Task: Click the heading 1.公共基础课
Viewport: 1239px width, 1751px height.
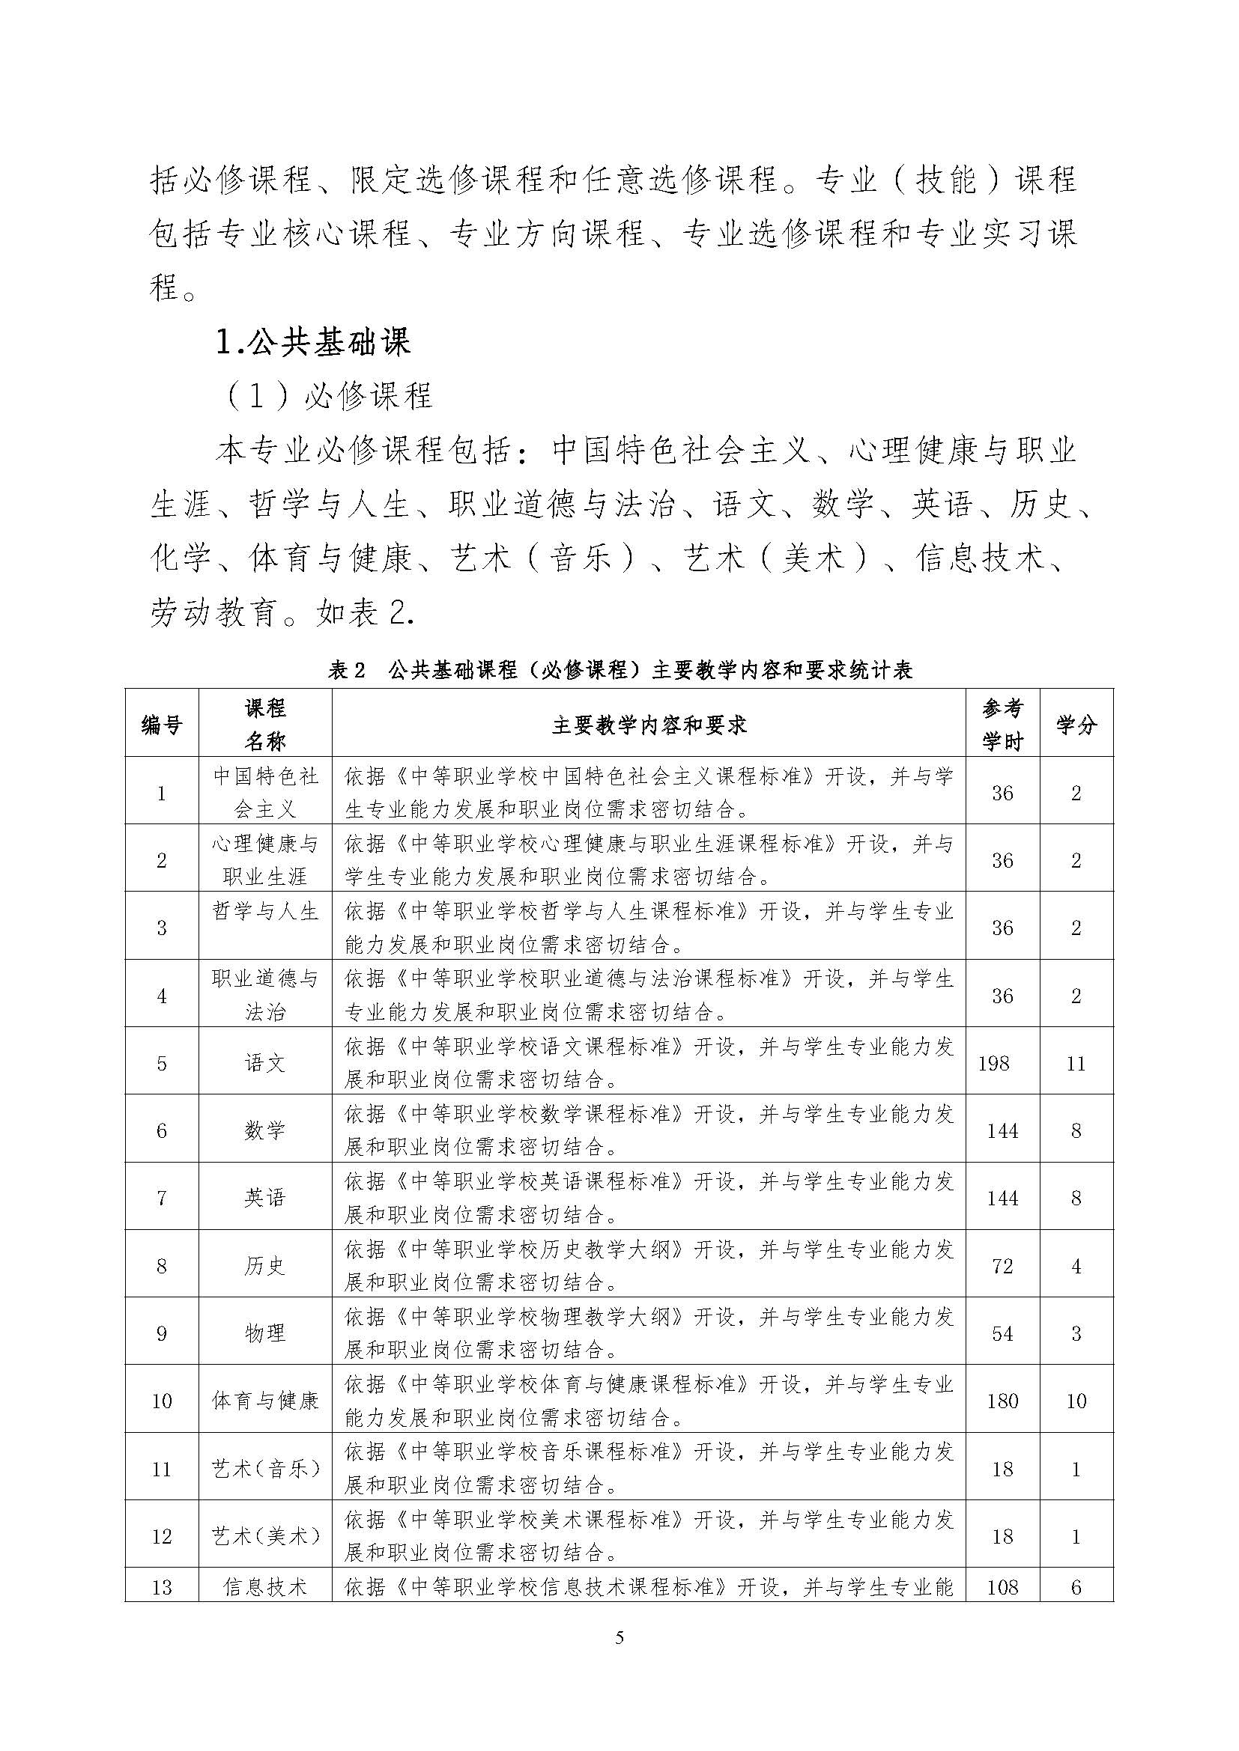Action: (x=314, y=342)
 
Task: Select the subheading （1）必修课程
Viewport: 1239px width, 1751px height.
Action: (x=329, y=396)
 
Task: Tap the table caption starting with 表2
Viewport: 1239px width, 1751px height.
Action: (x=619, y=670)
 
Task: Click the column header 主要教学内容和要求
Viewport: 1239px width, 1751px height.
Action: (x=649, y=725)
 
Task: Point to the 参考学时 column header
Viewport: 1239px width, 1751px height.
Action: (x=1002, y=725)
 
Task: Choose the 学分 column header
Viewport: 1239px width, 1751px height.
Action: (x=1076, y=725)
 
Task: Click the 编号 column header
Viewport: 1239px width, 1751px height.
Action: (x=162, y=725)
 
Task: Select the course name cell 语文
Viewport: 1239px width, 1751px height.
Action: (x=264, y=1063)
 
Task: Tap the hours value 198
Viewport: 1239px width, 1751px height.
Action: (x=993, y=1063)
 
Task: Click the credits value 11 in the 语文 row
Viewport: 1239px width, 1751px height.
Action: (x=1076, y=1063)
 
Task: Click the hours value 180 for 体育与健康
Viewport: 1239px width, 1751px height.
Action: (x=1002, y=1401)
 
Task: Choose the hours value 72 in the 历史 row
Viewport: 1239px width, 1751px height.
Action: (x=1002, y=1266)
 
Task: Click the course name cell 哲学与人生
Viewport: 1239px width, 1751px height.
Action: (x=264, y=911)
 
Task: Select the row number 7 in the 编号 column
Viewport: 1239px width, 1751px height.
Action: (x=162, y=1198)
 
